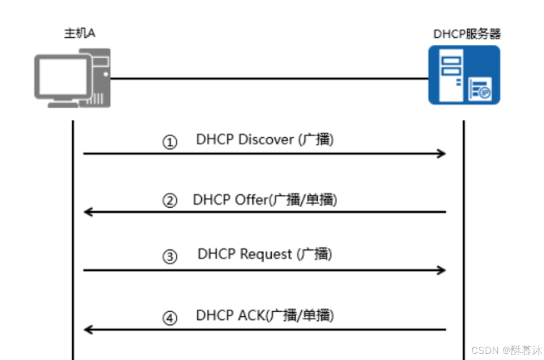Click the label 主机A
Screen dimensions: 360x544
point(80,33)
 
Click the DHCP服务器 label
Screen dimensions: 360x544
point(467,34)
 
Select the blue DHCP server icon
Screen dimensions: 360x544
point(464,75)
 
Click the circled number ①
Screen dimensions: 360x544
point(169,143)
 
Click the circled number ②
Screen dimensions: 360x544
point(169,201)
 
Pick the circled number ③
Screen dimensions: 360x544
point(169,257)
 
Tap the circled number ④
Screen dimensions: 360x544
point(169,318)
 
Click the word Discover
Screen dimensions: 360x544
point(266,140)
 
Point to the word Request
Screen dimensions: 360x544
point(266,254)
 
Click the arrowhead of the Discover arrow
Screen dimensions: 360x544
point(442,153)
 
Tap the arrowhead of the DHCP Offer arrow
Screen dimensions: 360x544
point(88,212)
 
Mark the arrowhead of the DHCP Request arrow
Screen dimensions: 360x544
point(442,270)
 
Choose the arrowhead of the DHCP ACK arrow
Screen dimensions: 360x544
point(88,329)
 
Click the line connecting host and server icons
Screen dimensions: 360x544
point(267,78)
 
